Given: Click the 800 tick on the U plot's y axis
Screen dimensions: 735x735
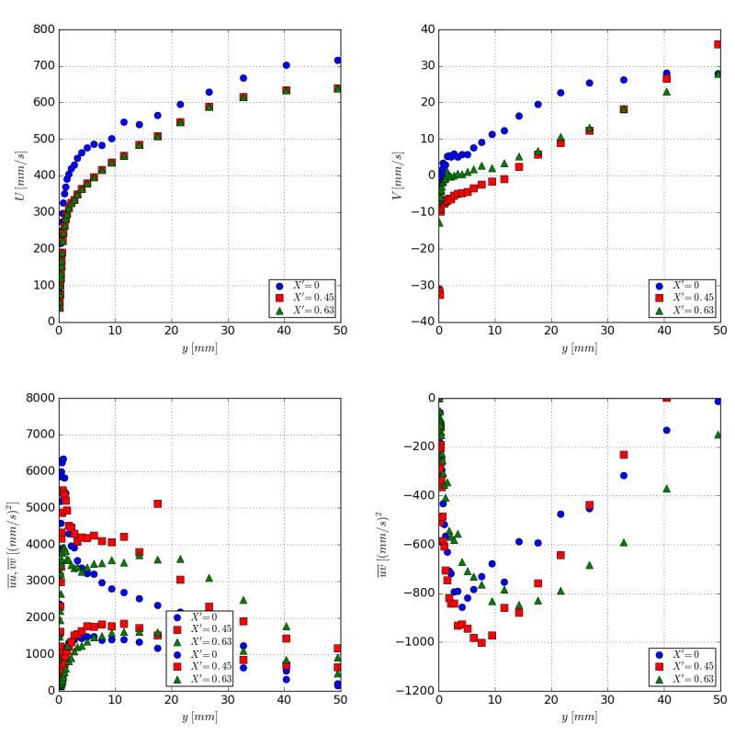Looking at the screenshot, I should (44, 29).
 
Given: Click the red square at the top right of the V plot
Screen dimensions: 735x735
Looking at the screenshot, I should (718, 44).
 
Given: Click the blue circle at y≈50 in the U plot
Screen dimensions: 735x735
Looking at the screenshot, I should (337, 61).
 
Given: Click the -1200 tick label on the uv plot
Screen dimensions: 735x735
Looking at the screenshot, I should (415, 690).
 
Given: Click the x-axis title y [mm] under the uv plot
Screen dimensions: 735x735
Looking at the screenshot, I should (579, 718).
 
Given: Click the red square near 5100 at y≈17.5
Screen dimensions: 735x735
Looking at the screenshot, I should (157, 503).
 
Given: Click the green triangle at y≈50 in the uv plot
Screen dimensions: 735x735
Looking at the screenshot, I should (718, 435).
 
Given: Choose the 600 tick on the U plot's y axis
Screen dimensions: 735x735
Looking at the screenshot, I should (44, 103).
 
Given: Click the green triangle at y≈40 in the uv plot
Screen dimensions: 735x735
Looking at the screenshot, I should (666, 489).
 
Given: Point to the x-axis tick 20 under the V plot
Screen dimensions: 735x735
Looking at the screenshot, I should (551, 333).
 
